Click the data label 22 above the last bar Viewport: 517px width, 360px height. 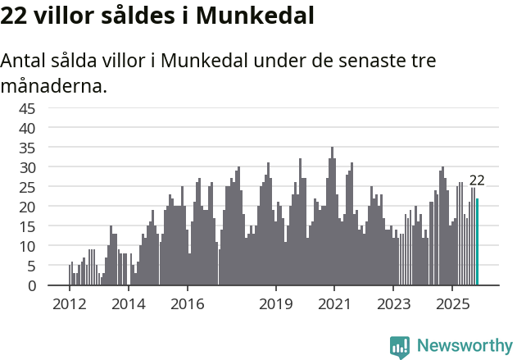point(477,180)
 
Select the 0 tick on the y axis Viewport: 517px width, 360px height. point(54,285)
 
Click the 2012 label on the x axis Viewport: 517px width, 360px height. point(70,304)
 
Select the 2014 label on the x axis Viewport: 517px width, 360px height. point(129,304)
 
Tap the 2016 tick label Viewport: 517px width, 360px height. point(188,304)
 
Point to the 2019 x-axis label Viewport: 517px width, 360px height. point(276,304)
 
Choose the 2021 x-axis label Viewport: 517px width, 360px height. point(334,304)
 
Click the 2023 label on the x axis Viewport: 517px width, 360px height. point(393,304)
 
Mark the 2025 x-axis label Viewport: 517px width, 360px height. point(452,304)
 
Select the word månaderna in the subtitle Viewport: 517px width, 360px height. point(54,84)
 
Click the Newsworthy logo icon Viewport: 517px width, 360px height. point(400,346)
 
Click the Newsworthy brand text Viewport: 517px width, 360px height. point(464,346)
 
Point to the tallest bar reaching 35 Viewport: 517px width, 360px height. point(332,217)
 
